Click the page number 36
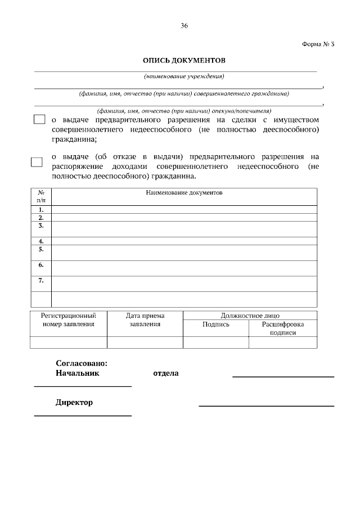click(184, 26)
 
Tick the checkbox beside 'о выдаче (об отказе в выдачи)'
click(37, 161)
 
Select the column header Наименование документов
click(184, 192)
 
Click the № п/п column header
click(40, 196)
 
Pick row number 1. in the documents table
click(40, 209)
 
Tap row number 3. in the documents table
click(40, 226)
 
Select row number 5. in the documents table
click(40, 249)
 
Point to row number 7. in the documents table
click(40, 280)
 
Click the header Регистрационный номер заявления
click(68, 319)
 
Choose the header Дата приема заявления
click(145, 319)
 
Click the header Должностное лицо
click(250, 316)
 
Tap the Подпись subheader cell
click(216, 325)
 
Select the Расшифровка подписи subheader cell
click(282, 328)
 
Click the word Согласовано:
click(81, 363)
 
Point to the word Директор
click(74, 402)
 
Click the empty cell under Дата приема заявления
click(145, 343)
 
